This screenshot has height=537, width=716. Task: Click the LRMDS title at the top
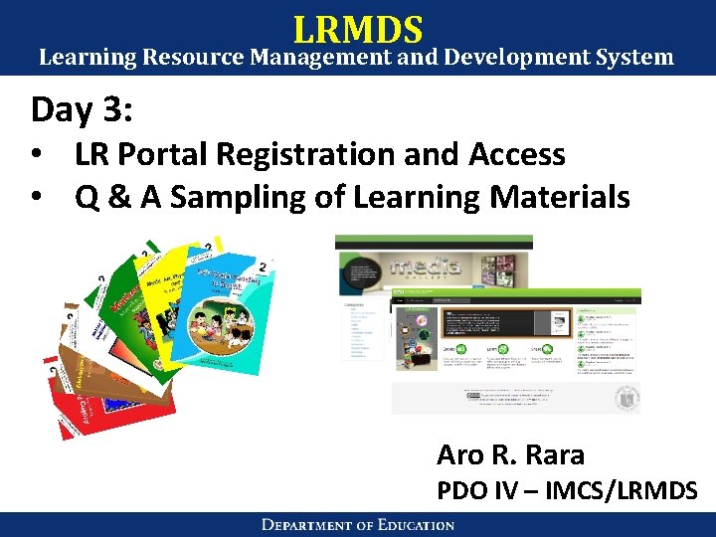point(358,28)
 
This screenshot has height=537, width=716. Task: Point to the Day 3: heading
point(82,109)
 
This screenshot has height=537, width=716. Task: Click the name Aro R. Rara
point(510,455)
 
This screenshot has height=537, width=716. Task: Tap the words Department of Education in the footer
point(358,524)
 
